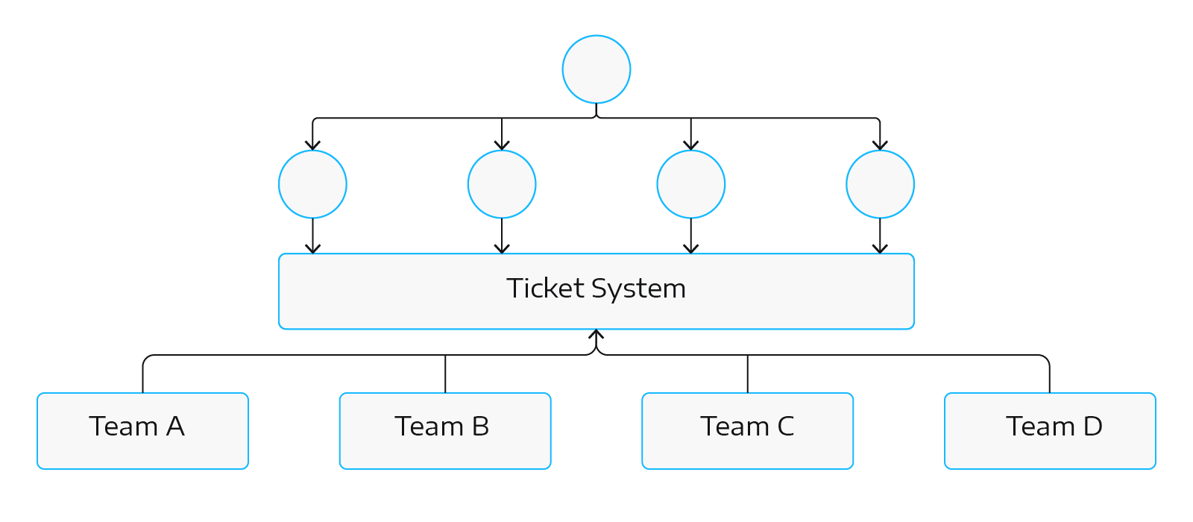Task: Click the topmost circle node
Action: (596, 69)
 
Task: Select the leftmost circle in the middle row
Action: (312, 184)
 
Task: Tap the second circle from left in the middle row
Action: (502, 184)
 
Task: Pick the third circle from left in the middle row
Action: (691, 184)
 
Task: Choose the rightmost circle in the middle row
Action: (880, 184)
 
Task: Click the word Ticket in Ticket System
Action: (546, 289)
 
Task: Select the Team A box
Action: (142, 431)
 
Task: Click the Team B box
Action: (445, 431)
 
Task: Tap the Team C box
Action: (747, 431)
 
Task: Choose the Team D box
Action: (1050, 431)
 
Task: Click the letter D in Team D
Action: (1092, 427)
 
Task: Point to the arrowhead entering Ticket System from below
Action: (596, 335)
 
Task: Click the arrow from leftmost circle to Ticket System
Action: (312, 236)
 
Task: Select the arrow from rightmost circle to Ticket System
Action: (880, 236)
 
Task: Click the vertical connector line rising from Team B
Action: (445, 374)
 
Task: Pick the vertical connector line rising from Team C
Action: (747, 374)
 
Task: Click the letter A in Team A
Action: (175, 427)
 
